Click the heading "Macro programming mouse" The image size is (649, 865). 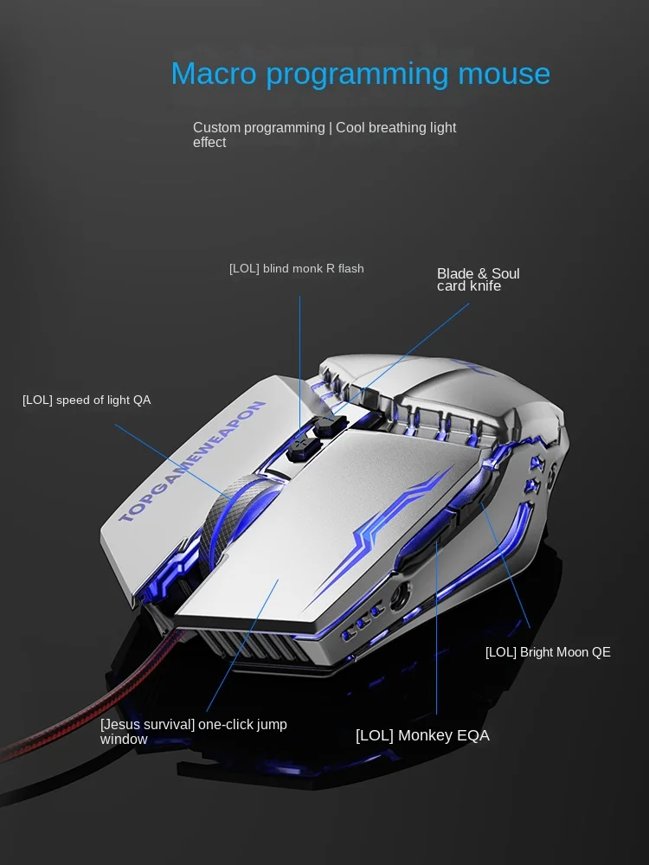coord(360,74)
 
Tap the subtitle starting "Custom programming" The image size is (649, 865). coord(324,135)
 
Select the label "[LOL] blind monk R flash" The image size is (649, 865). coord(296,269)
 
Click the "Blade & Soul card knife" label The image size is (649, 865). coord(478,279)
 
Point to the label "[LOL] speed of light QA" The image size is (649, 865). coord(87,400)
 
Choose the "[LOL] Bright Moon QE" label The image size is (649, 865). coord(548,652)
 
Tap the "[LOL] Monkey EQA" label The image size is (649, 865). coord(422,735)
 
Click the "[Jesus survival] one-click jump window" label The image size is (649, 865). coord(193,732)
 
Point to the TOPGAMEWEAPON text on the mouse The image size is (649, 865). coord(192,462)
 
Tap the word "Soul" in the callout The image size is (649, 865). coord(504,274)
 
